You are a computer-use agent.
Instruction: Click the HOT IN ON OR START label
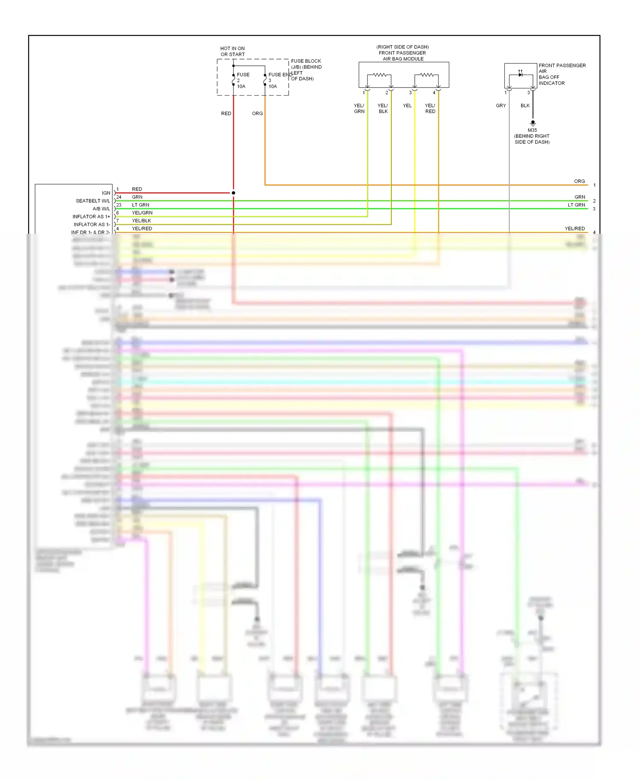pos(233,51)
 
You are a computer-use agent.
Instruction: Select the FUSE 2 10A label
pos(242,80)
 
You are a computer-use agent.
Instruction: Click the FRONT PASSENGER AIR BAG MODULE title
pos(403,53)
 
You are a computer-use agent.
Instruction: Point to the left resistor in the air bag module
pos(379,75)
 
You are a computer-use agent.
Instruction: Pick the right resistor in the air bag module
pos(427,75)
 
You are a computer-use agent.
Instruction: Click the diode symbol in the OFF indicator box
pos(520,75)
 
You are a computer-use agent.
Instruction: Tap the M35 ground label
pos(532,130)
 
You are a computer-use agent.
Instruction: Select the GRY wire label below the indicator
pos(501,105)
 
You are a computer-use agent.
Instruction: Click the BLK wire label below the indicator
pos(525,105)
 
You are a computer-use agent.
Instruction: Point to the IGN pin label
pos(106,193)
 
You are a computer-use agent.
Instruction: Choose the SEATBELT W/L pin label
pos(93,201)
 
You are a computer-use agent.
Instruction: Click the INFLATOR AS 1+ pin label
pos(91,216)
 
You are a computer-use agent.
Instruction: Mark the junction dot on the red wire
pos(233,193)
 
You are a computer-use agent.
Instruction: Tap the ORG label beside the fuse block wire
pos(257,114)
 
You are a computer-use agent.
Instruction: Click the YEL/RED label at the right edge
pos(575,229)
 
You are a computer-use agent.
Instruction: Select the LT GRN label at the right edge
pos(576,205)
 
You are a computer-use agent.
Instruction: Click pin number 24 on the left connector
pos(119,197)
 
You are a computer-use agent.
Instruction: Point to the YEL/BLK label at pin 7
pos(142,221)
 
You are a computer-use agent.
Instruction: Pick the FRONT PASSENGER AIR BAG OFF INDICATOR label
pos(562,74)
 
